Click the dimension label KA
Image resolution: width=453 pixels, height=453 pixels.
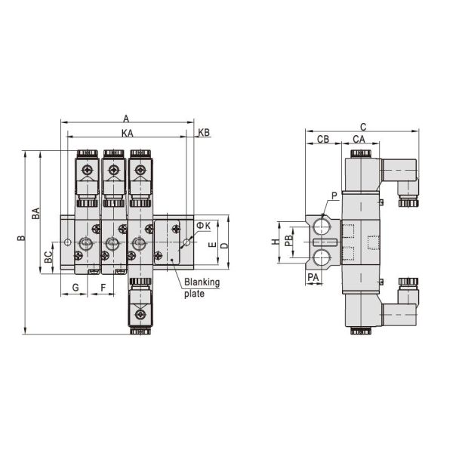point(128,133)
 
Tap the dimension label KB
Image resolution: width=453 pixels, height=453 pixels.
point(204,133)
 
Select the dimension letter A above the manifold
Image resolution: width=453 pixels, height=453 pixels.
point(126,119)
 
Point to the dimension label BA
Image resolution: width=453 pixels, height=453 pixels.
point(35,213)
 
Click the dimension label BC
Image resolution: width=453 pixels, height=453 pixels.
point(48,257)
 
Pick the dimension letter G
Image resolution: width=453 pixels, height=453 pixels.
point(75,288)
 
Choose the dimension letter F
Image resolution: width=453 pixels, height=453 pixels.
point(103,288)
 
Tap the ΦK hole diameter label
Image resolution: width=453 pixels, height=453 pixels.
point(204,226)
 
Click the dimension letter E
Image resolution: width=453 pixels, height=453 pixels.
point(212,245)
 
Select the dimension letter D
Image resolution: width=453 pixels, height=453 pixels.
point(224,246)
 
